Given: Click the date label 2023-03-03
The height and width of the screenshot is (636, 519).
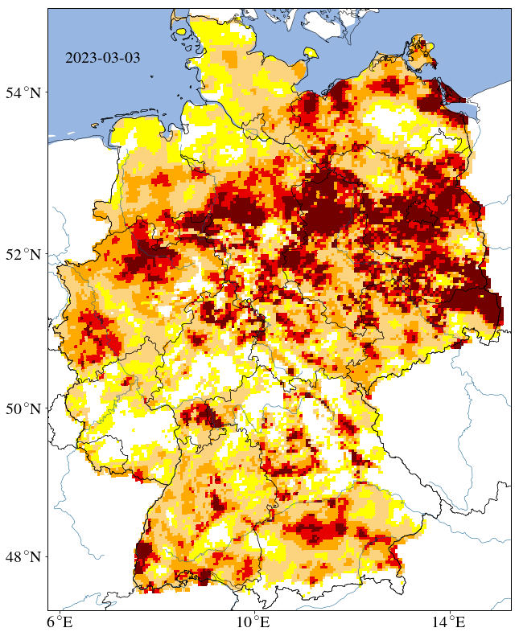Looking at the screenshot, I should [x=102, y=59].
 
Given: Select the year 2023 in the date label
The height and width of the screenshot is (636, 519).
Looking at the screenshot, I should [x=80, y=59].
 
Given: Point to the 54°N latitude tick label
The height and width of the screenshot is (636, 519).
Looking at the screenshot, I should [x=25, y=92].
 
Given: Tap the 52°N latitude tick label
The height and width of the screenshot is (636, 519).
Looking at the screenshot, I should [x=25, y=254].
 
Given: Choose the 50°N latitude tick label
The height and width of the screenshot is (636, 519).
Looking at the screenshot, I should [x=25, y=408].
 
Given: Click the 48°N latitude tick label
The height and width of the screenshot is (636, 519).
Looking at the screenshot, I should [x=25, y=556].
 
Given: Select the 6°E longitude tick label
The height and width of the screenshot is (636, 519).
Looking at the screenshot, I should [x=60, y=622].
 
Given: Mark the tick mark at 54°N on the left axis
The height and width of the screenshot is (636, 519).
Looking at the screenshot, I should [x=47, y=92].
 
